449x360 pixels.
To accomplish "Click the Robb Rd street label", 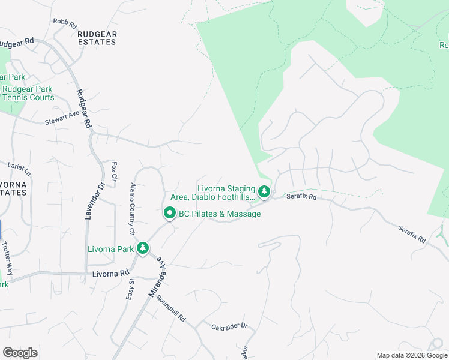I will pyautogui.click(x=65, y=23).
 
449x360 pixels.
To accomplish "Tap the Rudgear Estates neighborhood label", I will pyautogui.click(x=97, y=38).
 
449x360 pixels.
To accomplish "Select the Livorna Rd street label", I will pyautogui.click(x=112, y=273).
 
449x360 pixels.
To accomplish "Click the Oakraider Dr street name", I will pyautogui.click(x=229, y=327).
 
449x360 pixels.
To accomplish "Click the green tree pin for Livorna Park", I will pyautogui.click(x=142, y=248).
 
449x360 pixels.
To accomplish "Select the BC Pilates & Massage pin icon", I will pyautogui.click(x=170, y=214).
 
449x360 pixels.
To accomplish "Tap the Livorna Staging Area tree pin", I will pyautogui.click(x=264, y=193).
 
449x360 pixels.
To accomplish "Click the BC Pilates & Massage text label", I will pyautogui.click(x=220, y=214).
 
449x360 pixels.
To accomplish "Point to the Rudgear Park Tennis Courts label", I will pyautogui.click(x=28, y=93).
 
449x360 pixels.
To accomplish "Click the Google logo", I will pyautogui.click(x=20, y=352).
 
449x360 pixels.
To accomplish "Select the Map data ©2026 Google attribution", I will pyautogui.click(x=412, y=355).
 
